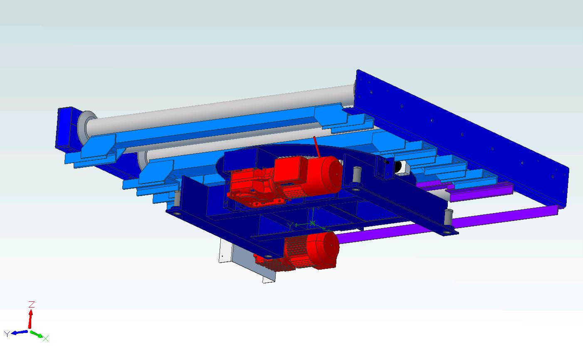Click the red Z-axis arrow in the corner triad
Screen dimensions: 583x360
pyautogui.click(x=30, y=319)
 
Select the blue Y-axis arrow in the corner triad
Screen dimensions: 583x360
pyautogui.click(x=19, y=333)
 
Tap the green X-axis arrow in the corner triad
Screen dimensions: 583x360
pyautogui.click(x=36, y=334)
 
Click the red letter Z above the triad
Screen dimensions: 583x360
pyautogui.click(x=32, y=304)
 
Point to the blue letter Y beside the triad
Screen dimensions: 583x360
pyautogui.click(x=7, y=334)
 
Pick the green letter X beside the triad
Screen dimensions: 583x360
pyautogui.click(x=46, y=338)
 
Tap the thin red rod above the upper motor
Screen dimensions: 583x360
pyautogui.click(x=317, y=146)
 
